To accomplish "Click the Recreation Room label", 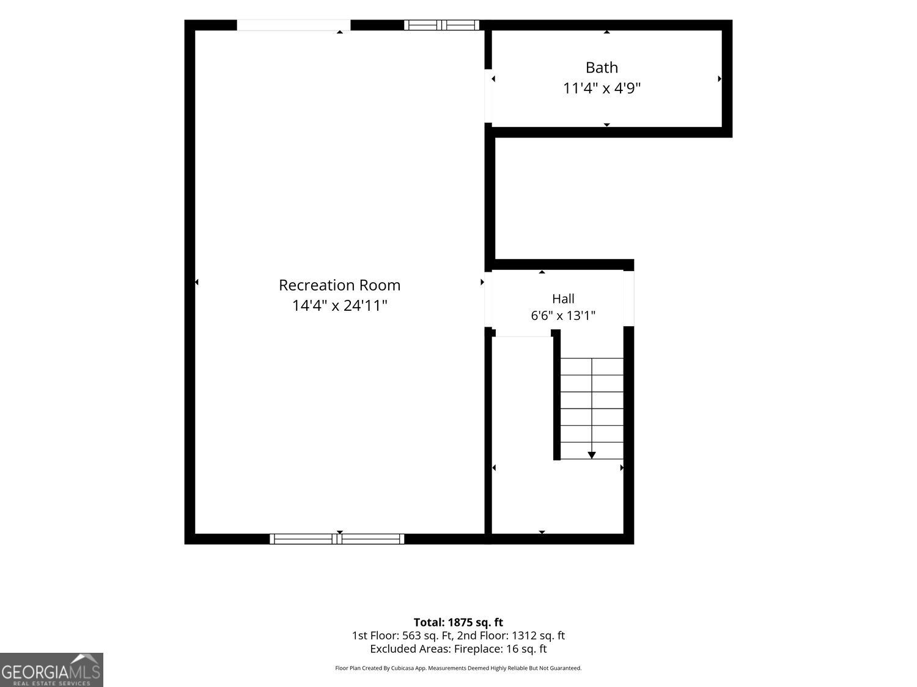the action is click(339, 285).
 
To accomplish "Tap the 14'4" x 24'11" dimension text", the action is click(339, 306).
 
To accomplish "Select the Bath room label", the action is click(602, 68).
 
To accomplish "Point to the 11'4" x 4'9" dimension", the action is click(602, 89).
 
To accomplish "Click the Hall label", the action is click(563, 299).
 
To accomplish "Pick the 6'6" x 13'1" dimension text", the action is click(563, 315).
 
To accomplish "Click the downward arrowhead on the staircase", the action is click(592, 455).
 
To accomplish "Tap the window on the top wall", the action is click(441, 25).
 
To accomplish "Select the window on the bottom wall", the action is click(337, 539).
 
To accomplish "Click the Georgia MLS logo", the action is click(51, 670).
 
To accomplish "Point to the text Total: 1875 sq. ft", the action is click(458, 622).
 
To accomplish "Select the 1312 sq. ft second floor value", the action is click(537, 636).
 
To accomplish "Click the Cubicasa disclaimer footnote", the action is click(458, 668).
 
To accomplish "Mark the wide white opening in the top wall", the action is click(293, 25).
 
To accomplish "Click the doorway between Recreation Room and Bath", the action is click(488, 96).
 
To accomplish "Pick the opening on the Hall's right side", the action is click(628, 299).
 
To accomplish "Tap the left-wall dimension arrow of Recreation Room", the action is click(197, 282).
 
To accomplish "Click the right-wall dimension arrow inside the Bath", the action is click(720, 78).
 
